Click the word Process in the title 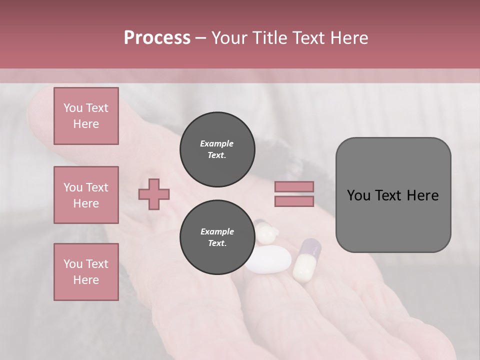157,38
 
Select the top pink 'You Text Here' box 86,116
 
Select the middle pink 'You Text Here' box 86,195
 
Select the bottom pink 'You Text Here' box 86,271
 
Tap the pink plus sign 154,194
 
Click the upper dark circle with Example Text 217,149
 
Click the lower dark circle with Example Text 217,237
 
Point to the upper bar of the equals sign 294,186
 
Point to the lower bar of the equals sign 294,201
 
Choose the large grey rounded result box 393,195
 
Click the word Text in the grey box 388,195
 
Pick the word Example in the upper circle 217,143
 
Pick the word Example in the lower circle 217,231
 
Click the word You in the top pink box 72,108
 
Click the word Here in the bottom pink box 86,280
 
